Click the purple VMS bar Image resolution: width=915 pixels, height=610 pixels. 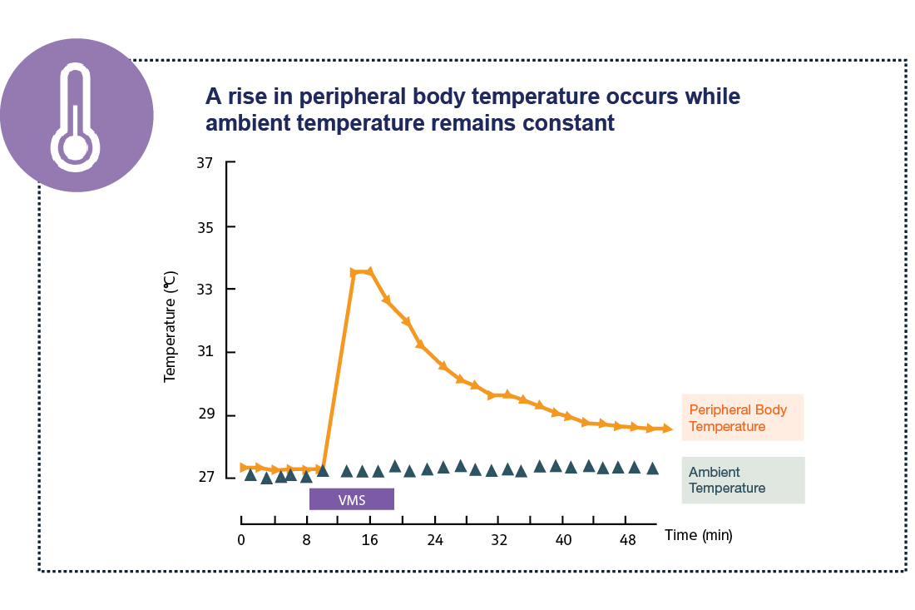pos(351,499)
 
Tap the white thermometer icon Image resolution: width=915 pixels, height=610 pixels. pos(76,117)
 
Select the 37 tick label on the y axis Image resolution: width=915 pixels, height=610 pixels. pos(205,163)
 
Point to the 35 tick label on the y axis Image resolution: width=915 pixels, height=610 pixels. pos(205,226)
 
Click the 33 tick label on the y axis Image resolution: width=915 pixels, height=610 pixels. pos(205,290)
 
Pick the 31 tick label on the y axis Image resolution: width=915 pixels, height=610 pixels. pos(205,352)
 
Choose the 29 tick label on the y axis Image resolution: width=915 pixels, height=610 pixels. pos(205,415)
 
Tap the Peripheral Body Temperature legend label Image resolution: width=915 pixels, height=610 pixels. pos(738,418)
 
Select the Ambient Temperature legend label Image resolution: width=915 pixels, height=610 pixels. pos(727,480)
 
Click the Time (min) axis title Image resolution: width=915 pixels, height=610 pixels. pos(699,535)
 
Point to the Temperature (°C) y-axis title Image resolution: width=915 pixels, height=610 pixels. pos(171,327)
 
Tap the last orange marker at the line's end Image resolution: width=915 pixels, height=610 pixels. pos(666,429)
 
